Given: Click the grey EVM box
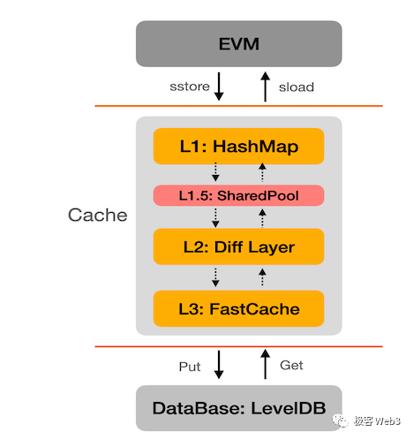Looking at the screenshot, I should [238, 43].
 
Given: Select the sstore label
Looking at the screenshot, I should [188, 87].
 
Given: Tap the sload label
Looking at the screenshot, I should [296, 87].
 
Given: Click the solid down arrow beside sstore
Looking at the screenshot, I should [218, 87].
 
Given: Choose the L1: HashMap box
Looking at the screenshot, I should [239, 146].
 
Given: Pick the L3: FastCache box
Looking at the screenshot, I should [239, 308].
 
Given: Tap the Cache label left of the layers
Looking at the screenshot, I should [98, 216].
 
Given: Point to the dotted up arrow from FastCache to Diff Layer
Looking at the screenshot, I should [261, 277].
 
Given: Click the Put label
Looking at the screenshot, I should [190, 366].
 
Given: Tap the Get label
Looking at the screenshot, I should [292, 366].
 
